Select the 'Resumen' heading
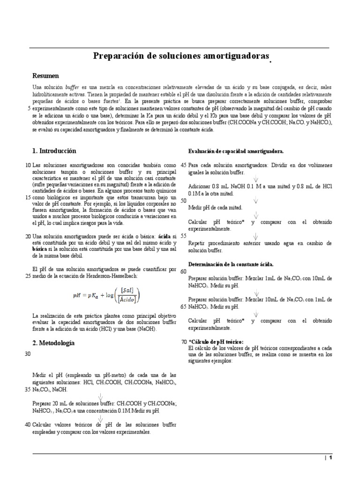(x=45, y=75)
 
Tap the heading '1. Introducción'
(x=54, y=151)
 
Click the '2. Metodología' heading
(x=53, y=343)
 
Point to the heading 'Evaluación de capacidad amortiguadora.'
(x=235, y=151)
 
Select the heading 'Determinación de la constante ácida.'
(x=231, y=264)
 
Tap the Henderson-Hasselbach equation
(x=106, y=296)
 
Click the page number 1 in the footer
(x=330, y=458)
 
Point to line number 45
(x=183, y=165)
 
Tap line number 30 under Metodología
(x=27, y=354)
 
